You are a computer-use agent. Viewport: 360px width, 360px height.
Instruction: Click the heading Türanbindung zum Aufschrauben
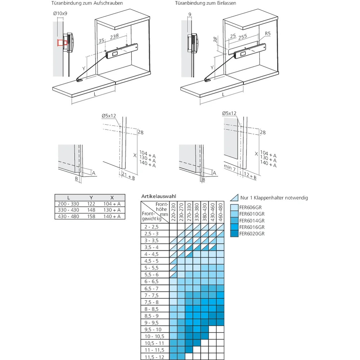tap(87, 3)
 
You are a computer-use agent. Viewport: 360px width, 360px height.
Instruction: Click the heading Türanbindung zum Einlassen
tap(206, 3)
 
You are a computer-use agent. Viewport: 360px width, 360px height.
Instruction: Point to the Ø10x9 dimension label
tap(60, 13)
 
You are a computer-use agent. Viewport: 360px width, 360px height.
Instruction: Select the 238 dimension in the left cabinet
tap(114, 36)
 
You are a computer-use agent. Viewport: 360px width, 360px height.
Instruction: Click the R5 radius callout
tap(268, 33)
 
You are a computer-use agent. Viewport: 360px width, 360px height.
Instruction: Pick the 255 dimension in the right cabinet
tap(243, 37)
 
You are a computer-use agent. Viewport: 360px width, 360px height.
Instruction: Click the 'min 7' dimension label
tap(230, 168)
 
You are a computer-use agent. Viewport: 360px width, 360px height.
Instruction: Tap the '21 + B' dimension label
tap(129, 176)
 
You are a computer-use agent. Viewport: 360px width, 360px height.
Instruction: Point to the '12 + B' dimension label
tap(250, 176)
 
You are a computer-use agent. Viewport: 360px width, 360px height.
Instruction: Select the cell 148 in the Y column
tap(91, 210)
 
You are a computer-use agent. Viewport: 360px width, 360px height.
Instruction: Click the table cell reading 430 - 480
tap(68, 216)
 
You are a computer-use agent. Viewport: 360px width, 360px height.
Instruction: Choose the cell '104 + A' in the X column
tap(112, 204)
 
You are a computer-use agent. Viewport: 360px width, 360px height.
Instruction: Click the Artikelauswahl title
tap(159, 196)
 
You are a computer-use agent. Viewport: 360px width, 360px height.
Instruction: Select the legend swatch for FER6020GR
tap(234, 234)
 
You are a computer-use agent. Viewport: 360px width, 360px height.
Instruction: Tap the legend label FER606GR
tap(251, 207)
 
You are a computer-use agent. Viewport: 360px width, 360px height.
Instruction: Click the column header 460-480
tap(220, 212)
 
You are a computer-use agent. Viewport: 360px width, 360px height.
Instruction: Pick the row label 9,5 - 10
tap(153, 329)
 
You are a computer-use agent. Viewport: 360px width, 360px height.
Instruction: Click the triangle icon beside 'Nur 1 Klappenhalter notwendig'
tap(234, 197)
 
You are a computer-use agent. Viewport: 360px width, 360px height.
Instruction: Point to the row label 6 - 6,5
tap(152, 282)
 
